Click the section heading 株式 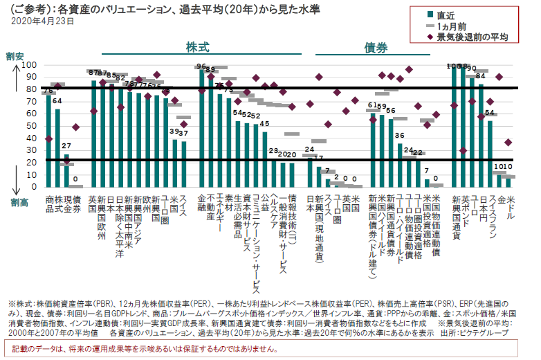pyautogui.click(x=197, y=46)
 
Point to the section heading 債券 pyautogui.click(x=376, y=46)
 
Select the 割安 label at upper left pyautogui.click(x=14, y=55)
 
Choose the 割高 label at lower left pyautogui.click(x=19, y=201)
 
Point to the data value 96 pyautogui.click(x=201, y=66)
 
